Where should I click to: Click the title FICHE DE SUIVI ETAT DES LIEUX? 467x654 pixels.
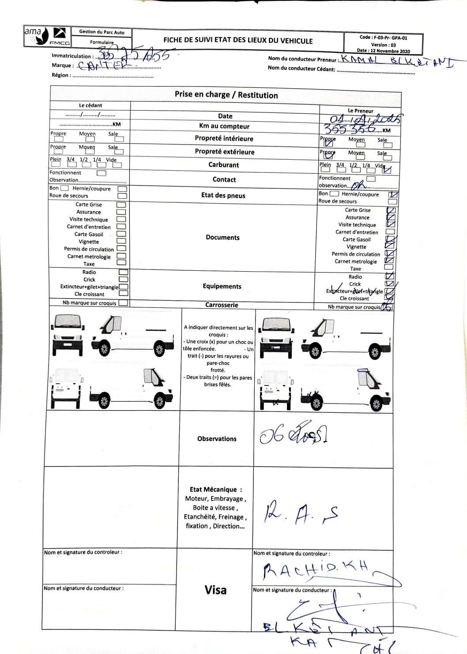[238, 41]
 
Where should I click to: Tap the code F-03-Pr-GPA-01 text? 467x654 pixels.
[383, 38]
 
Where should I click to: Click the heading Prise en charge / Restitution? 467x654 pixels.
[226, 95]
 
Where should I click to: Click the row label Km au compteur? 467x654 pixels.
[224, 126]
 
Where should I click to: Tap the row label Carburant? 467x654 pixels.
[223, 165]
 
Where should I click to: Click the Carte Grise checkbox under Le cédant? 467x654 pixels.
[121, 205]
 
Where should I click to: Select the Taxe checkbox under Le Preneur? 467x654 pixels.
[389, 267]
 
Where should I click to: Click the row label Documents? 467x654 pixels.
[222, 237]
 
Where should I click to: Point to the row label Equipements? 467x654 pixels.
[222, 286]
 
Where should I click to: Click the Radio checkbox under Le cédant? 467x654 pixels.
[124, 273]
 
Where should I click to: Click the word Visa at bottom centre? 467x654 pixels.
[215, 590]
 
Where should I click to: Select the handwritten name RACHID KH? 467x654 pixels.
[316, 570]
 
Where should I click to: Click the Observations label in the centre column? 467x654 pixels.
[217, 439]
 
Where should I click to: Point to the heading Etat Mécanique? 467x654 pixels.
[215, 490]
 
